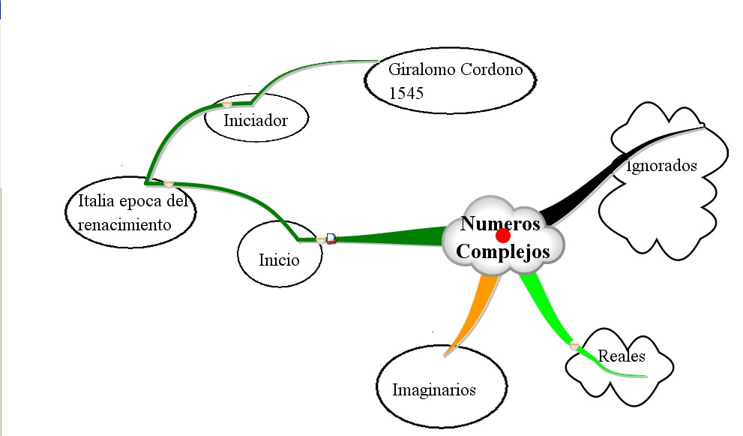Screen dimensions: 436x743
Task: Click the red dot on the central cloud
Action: [503, 236]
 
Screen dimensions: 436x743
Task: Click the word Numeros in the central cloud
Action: [500, 223]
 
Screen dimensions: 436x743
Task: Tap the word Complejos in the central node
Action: [502, 251]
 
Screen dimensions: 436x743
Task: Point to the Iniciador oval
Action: [256, 119]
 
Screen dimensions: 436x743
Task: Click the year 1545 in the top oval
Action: [406, 93]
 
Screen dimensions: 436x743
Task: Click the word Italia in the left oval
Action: [94, 201]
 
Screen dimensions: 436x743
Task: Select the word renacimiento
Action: [124, 224]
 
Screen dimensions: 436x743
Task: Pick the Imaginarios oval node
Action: [434, 389]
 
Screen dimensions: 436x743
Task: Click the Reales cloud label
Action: [622, 356]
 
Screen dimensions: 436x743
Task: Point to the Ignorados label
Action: [662, 166]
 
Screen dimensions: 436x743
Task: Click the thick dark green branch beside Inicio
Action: [390, 238]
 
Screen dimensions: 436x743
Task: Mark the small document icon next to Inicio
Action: [331, 239]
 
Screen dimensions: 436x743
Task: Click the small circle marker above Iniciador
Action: [227, 104]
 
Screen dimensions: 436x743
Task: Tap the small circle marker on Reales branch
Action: [574, 345]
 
